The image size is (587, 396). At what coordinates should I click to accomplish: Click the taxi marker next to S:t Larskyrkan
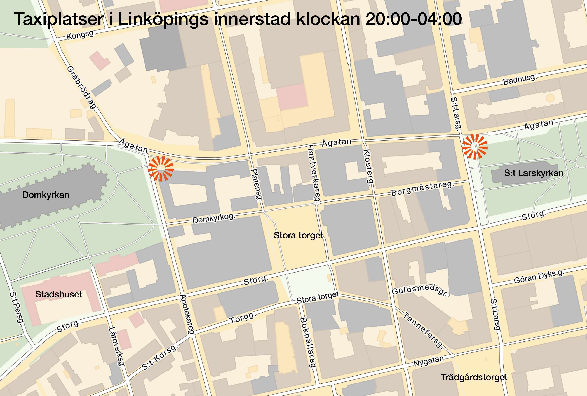pos(475,147)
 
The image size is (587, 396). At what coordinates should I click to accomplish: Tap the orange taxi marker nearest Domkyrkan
pos(161,168)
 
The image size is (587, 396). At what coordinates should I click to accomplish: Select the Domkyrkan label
pos(46,195)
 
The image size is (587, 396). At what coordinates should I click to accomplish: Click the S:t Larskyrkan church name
pos(534,173)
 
